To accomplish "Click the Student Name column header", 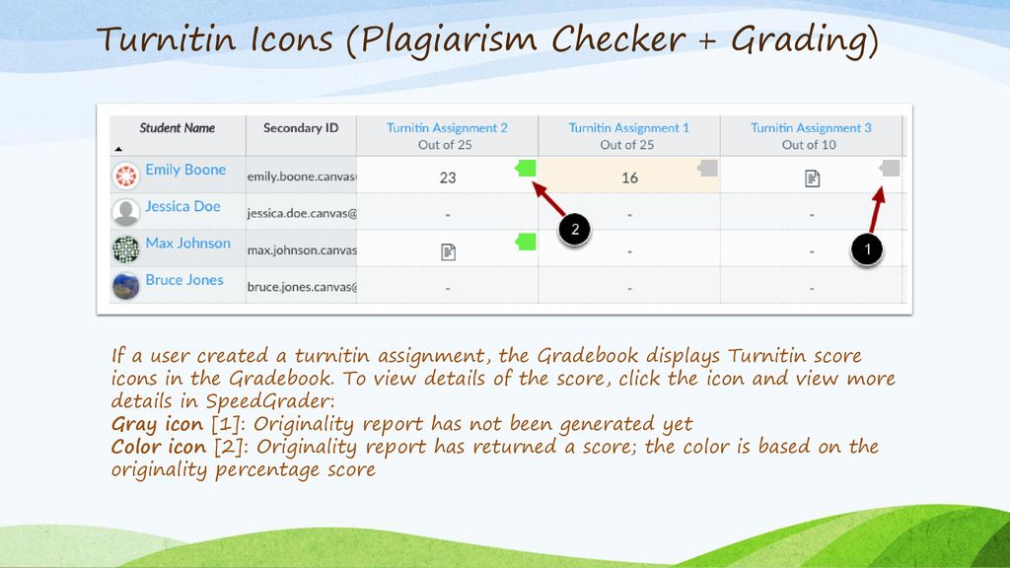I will click(177, 128).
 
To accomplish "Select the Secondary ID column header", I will click(301, 128).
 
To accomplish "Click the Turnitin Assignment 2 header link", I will click(447, 128).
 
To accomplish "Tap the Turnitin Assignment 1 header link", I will click(628, 128).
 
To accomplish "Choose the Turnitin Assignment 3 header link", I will click(811, 128).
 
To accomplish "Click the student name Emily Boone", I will click(185, 170).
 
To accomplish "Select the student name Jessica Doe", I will click(182, 206).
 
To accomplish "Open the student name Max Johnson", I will click(187, 243).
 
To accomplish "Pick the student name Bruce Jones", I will click(184, 280).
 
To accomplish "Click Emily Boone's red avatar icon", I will click(126, 176).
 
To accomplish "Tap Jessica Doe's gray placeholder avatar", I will click(126, 212).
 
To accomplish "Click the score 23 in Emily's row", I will click(448, 178).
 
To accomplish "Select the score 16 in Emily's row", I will click(629, 178).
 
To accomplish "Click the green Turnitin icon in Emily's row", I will click(526, 169).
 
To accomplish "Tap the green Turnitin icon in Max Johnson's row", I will click(526, 242).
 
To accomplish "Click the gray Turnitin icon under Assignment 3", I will click(890, 169).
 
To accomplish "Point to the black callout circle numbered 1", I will click(867, 250).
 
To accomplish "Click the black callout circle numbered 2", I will click(574, 231).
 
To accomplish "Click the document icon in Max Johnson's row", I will click(448, 251).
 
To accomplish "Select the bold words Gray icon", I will click(157, 425).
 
